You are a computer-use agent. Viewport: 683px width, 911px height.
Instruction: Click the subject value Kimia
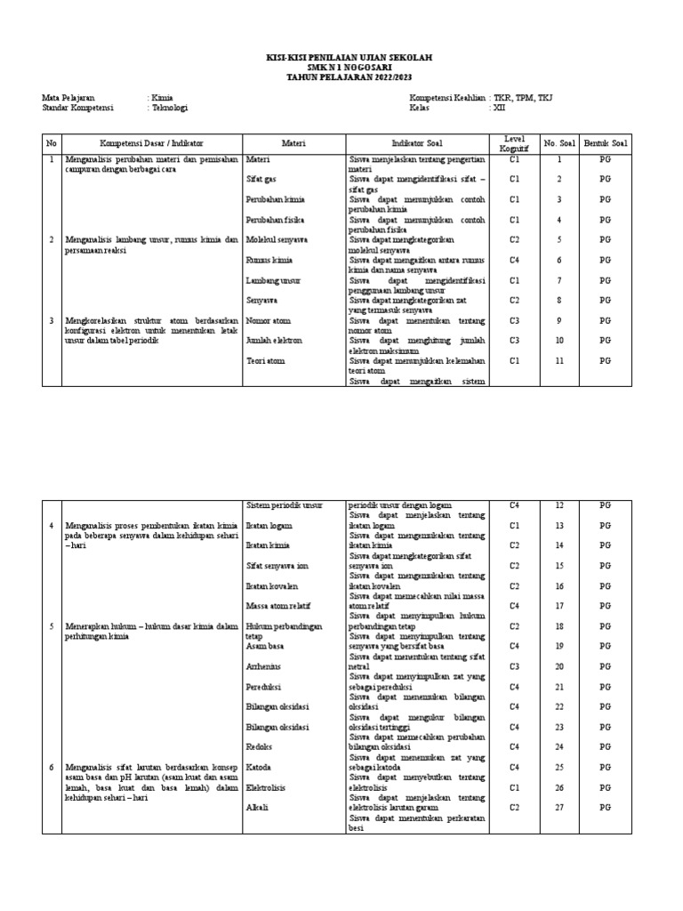[x=163, y=98]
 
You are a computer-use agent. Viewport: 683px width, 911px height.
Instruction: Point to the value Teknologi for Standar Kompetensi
[x=170, y=108]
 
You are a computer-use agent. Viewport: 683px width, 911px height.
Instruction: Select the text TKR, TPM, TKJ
[x=525, y=98]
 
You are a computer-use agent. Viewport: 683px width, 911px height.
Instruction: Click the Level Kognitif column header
[x=514, y=142]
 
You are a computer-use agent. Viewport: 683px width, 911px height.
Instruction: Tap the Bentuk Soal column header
[x=606, y=142]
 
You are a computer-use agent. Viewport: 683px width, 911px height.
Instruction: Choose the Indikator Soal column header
[x=416, y=142]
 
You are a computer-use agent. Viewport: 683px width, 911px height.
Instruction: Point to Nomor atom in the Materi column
[x=268, y=320]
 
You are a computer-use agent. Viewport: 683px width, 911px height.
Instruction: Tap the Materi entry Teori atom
[x=265, y=360]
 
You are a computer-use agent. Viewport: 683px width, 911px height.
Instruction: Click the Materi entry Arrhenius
[x=264, y=666]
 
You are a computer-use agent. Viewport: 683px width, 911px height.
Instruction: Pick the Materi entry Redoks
[x=259, y=746]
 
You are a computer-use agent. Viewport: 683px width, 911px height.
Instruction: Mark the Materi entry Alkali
[x=257, y=807]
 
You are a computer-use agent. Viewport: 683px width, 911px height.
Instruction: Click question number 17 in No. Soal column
[x=559, y=606]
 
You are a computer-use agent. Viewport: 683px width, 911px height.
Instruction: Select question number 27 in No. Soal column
[x=559, y=807]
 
